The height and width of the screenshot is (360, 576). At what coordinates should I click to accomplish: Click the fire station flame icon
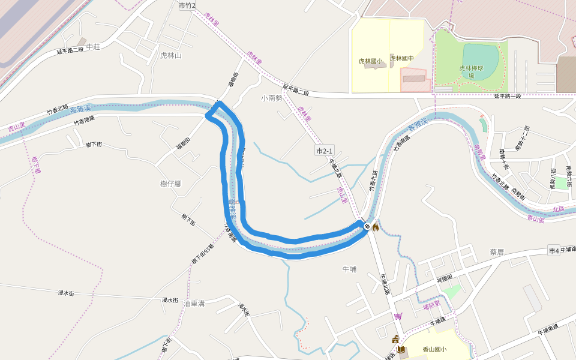click(376, 227)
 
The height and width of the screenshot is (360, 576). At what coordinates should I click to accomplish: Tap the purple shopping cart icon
click(398, 316)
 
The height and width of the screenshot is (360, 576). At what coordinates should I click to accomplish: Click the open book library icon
click(401, 349)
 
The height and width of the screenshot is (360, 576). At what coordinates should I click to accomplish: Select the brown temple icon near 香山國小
click(395, 340)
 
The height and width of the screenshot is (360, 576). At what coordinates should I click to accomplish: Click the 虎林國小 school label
click(370, 61)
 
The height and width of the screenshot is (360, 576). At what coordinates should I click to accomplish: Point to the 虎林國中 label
click(402, 58)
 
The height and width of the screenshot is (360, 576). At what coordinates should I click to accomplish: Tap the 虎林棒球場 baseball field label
click(471, 72)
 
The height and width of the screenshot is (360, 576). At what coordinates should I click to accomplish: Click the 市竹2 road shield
click(187, 5)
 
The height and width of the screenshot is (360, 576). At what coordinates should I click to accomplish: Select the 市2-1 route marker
click(324, 150)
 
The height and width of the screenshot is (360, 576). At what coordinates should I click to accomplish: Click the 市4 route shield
click(553, 250)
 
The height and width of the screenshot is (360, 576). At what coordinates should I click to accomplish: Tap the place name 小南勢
click(271, 98)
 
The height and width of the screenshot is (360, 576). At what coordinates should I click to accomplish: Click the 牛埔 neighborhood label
click(349, 269)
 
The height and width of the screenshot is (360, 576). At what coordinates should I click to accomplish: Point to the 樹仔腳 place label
click(170, 184)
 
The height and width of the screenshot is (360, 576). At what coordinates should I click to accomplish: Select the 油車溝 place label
click(195, 304)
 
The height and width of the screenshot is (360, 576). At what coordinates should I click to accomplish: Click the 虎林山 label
click(170, 55)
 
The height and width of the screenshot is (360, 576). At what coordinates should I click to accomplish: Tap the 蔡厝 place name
click(497, 252)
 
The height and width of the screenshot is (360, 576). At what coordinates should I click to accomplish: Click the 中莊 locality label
click(93, 47)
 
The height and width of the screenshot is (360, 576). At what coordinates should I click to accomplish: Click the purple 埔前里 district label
click(431, 305)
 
